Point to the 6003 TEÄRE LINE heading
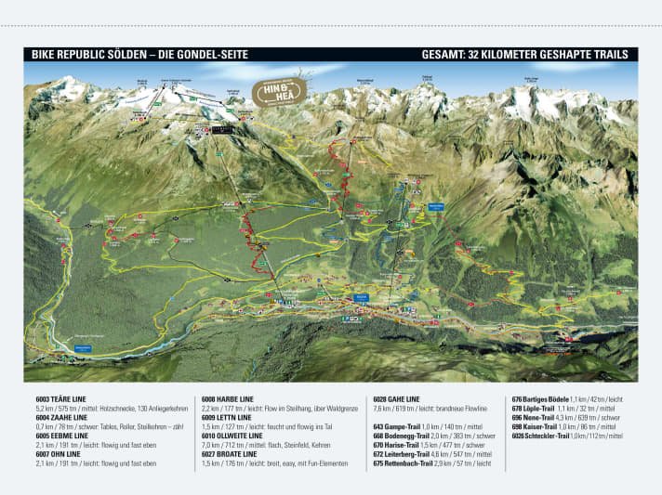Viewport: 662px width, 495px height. coord(63,397)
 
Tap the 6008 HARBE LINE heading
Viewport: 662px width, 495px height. coord(228,397)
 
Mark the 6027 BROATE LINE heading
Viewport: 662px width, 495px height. coord(231,454)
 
